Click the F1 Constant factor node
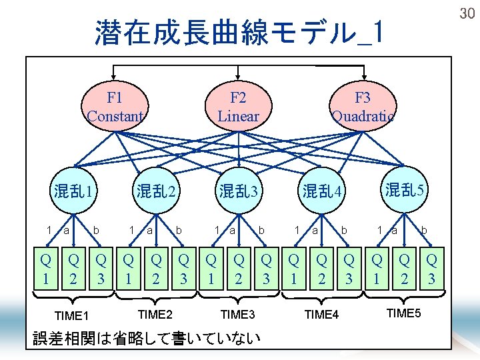pos(115,107)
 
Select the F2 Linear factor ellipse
pos(238,107)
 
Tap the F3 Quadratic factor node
pos(363,107)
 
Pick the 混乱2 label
pos(157,193)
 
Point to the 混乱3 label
pos(239,193)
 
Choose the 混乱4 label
pos(321,193)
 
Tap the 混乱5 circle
pos(404,190)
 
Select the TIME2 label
pos(155,313)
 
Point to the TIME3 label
pos(238,313)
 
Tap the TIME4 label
pos(321,315)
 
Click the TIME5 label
pos(404,313)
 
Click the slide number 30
pos(467,13)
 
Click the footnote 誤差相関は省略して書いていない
pos(147,339)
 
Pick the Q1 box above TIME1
pos(45,269)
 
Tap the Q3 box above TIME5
pos(432,269)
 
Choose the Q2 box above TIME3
pos(239,269)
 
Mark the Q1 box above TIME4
pos(294,269)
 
